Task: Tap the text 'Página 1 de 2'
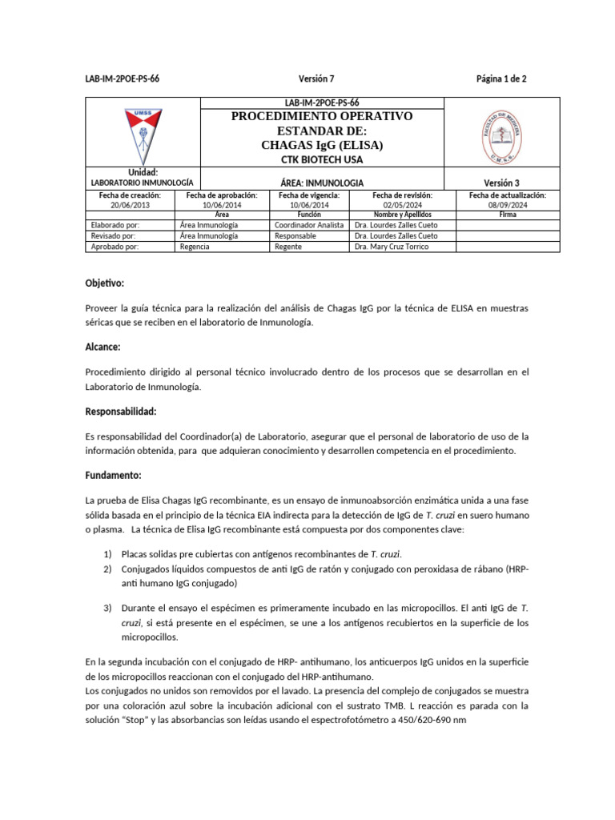(x=500, y=78)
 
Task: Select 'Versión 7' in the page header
(x=316, y=78)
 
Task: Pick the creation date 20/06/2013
(x=130, y=205)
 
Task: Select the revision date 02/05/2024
(x=402, y=205)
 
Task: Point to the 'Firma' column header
(x=507, y=215)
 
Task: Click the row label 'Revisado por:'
(x=115, y=236)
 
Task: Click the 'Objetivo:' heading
(x=105, y=283)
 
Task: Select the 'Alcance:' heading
(x=102, y=347)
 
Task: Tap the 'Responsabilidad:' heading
(x=120, y=411)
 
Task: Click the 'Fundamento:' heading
(x=113, y=475)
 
